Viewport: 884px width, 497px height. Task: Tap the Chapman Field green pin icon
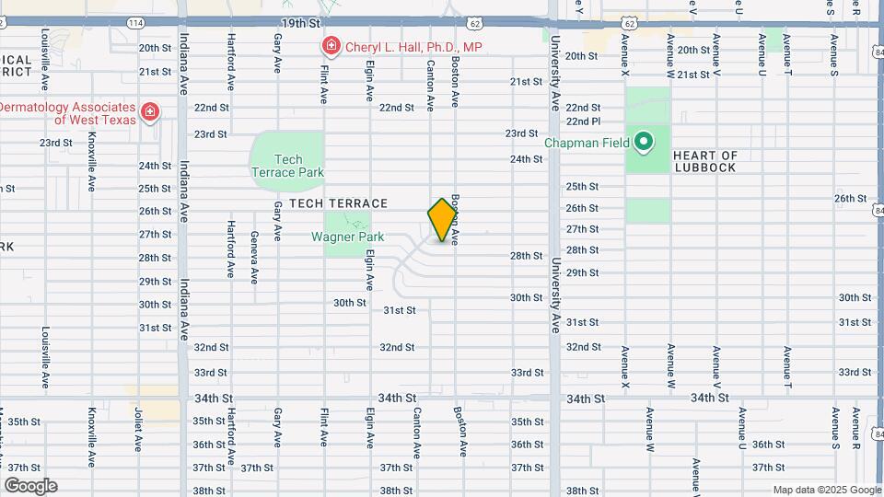click(x=644, y=143)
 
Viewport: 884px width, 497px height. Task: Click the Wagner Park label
click(x=347, y=237)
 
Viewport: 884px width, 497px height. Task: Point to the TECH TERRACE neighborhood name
click(x=339, y=202)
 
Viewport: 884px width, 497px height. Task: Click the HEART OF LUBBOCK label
click(x=704, y=161)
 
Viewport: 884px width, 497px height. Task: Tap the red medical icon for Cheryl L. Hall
click(x=330, y=46)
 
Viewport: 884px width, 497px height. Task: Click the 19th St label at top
click(x=300, y=20)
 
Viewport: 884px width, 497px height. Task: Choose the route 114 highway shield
click(x=135, y=21)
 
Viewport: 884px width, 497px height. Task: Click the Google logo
click(x=29, y=485)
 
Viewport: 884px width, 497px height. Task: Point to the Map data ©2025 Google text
click(x=826, y=490)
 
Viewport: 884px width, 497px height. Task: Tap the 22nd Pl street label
click(x=583, y=121)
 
